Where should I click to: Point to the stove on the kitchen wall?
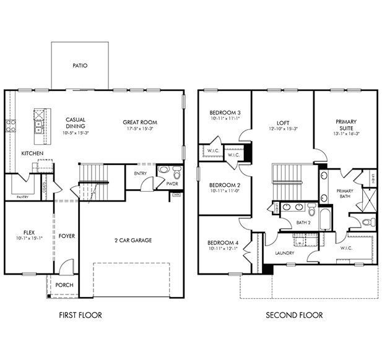[x=11, y=126]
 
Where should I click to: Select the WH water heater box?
[x=176, y=195]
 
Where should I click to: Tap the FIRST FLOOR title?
[x=80, y=315]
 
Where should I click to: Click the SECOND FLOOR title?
[x=294, y=315]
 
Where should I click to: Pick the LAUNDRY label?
[x=285, y=253]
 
